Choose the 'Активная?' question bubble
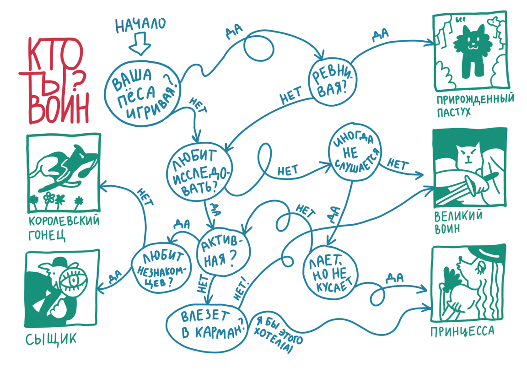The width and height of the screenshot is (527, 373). pos(225,252)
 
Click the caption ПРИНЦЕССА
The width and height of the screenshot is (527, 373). pos(462,330)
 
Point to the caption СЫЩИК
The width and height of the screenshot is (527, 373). pos(50,339)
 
